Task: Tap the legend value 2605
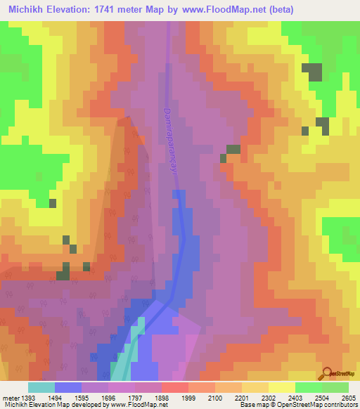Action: coord(349,398)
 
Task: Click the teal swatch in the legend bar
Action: coord(41,387)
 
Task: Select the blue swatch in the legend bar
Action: coord(68,387)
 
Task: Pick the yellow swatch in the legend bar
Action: coord(282,387)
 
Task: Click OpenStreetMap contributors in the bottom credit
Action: coord(320,405)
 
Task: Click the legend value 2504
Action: coord(323,398)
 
